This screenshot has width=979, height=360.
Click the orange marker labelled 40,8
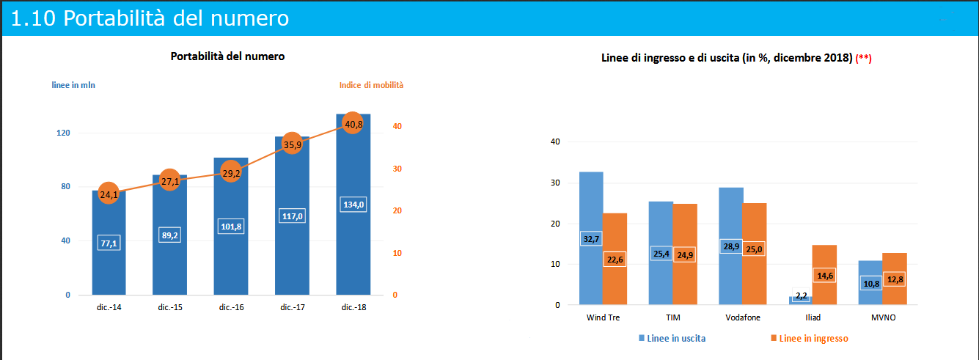tap(353, 124)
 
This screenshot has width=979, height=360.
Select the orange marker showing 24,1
tap(109, 194)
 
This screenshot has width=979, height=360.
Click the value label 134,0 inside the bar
tap(353, 205)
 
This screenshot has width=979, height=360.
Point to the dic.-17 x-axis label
tap(292, 307)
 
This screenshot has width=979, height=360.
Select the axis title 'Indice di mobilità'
tap(371, 85)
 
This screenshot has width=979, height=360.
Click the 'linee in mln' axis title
tap(73, 85)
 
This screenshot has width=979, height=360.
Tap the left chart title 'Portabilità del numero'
tap(227, 56)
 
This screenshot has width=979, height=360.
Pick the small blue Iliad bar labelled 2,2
tap(801, 300)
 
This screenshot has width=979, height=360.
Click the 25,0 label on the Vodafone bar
tap(754, 249)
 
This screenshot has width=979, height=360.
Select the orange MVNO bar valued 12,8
tap(895, 279)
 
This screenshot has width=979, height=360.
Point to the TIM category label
tap(673, 318)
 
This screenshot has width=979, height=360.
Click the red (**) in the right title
tap(863, 58)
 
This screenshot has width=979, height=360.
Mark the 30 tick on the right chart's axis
tap(555, 183)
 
